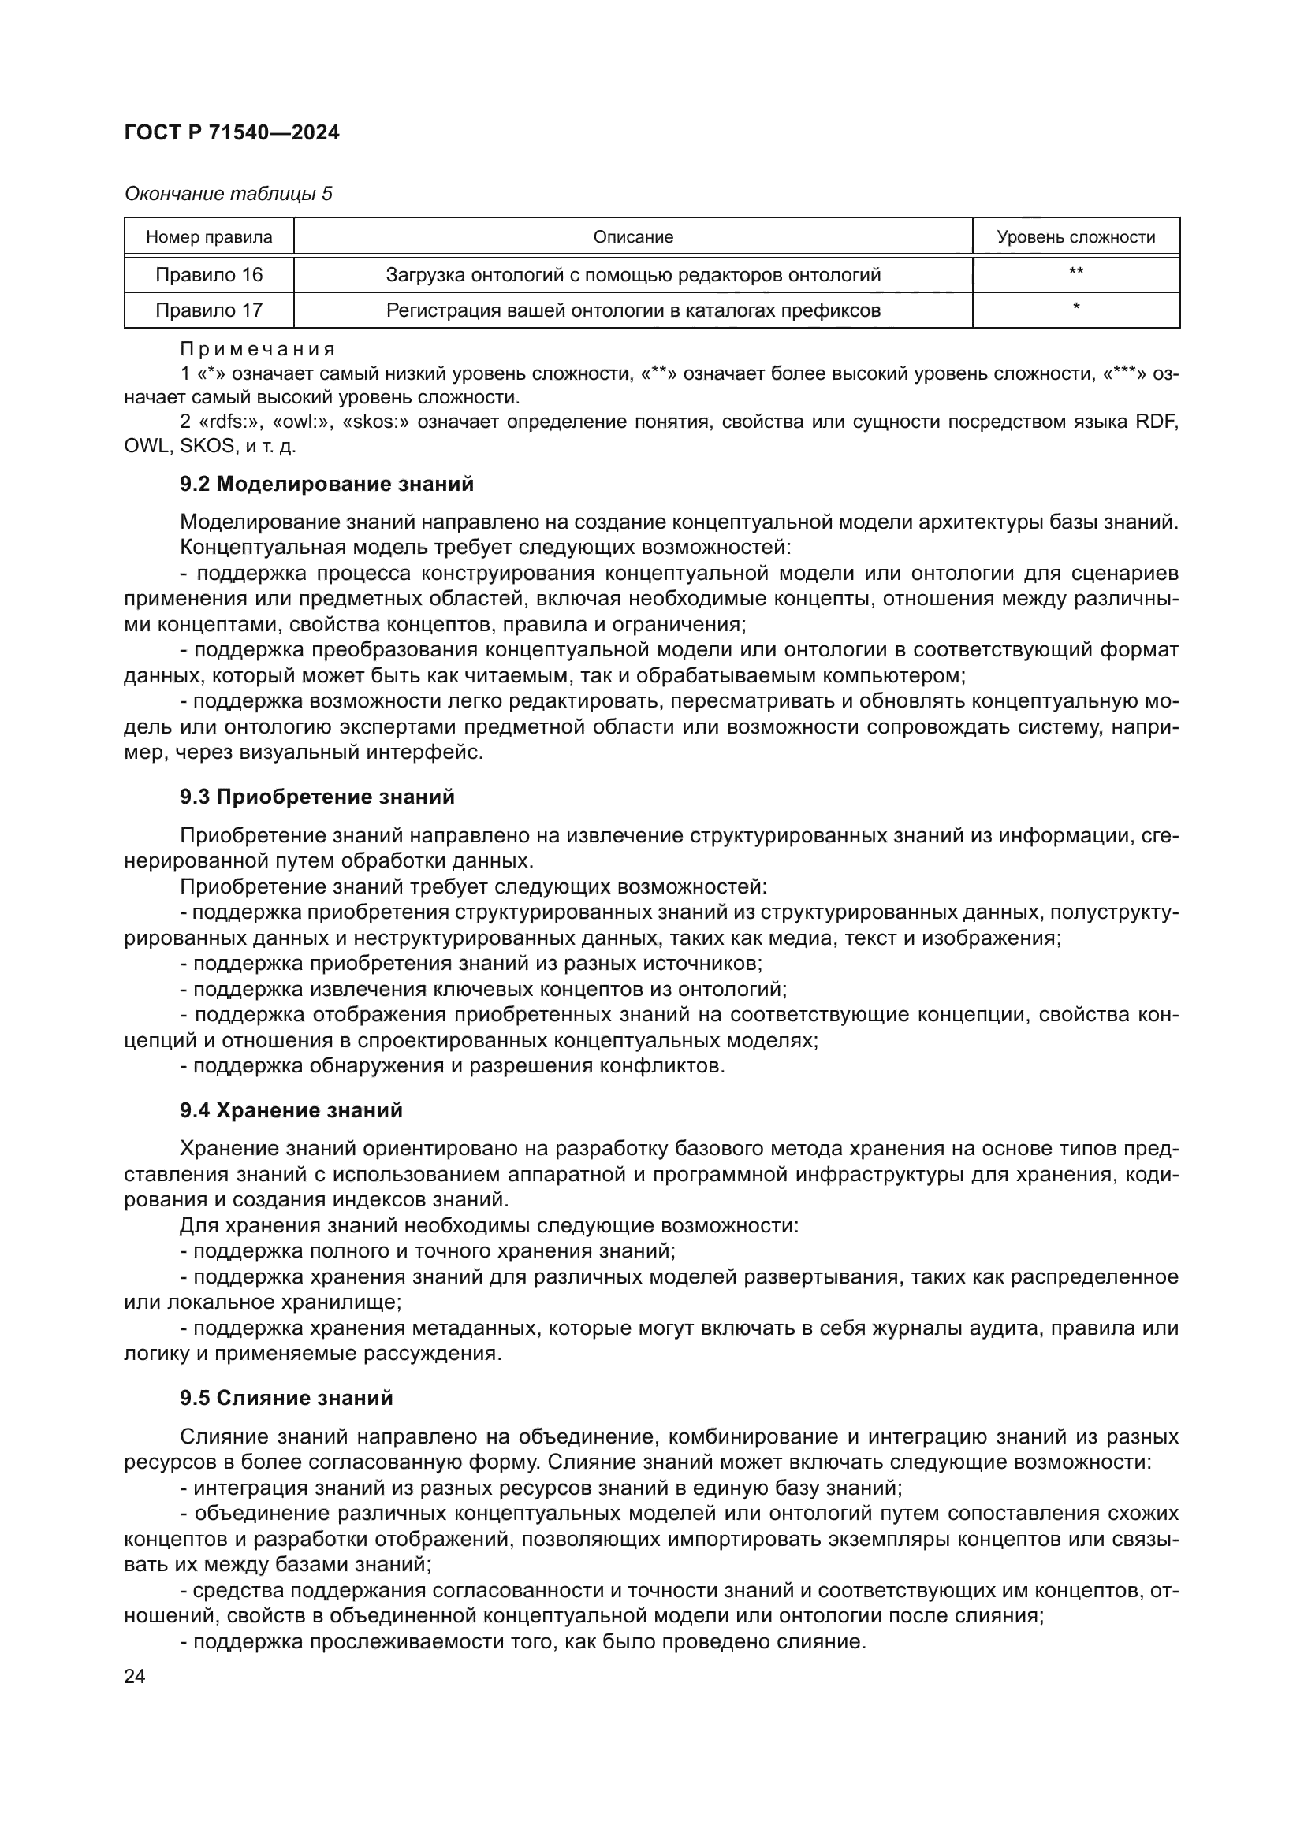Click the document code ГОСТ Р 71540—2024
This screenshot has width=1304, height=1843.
point(232,133)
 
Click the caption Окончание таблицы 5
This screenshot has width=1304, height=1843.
point(228,194)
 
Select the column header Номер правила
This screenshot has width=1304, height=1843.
point(209,237)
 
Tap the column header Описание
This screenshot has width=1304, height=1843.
point(633,237)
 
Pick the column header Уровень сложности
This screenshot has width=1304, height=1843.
point(1075,237)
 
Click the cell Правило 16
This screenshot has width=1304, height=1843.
point(209,274)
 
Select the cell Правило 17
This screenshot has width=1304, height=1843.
point(209,310)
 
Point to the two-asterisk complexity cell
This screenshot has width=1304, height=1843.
point(1075,273)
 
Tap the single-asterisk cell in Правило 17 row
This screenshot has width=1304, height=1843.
point(1075,308)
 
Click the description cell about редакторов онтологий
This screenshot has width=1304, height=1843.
point(633,274)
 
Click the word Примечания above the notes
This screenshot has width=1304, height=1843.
point(257,349)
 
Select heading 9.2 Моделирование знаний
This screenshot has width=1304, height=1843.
point(327,484)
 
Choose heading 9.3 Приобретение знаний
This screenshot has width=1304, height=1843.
point(317,797)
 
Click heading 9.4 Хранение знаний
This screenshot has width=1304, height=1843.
point(292,1110)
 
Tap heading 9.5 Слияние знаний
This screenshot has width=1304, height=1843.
point(287,1398)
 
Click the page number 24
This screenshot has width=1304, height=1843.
point(135,1676)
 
